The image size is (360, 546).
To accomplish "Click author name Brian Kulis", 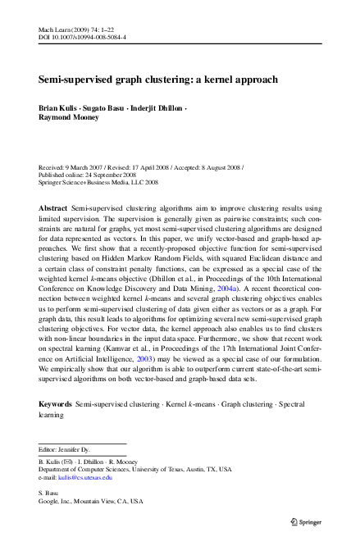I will [x=59, y=108].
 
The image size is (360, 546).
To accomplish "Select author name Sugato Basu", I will [x=112, y=108].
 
